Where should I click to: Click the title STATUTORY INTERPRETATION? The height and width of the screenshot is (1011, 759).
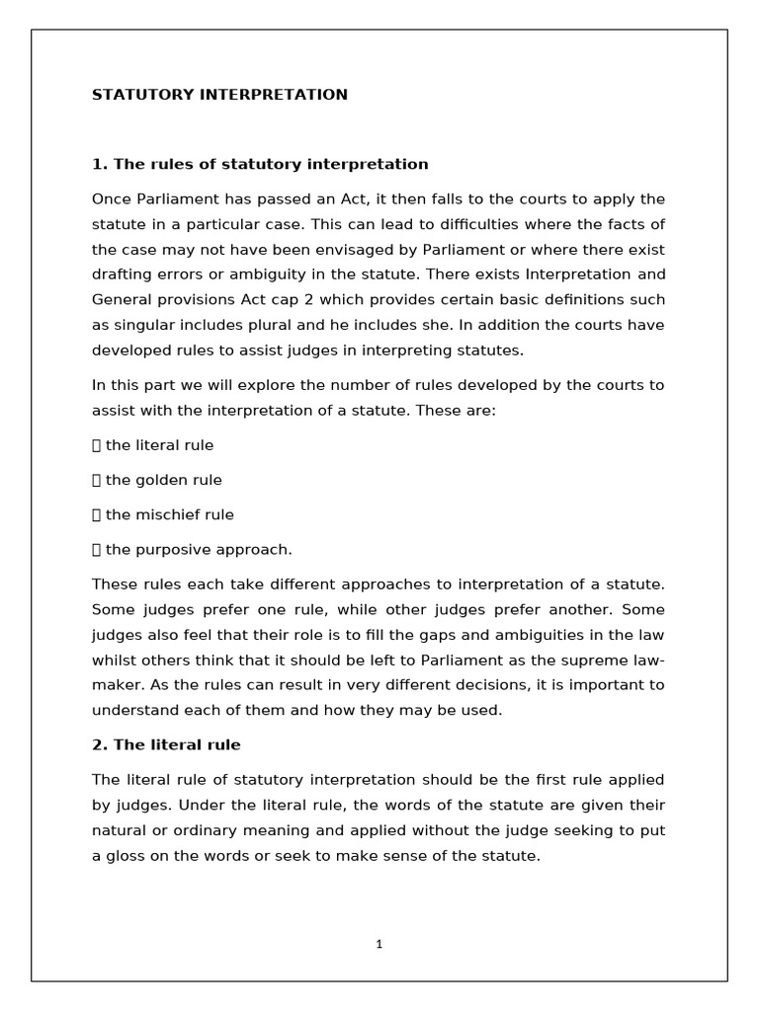coord(219,95)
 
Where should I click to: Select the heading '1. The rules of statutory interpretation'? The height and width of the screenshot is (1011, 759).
coord(260,164)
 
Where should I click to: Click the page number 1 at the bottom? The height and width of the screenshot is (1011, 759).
coord(379,944)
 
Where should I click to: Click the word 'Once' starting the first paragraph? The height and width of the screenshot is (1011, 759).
coord(111,197)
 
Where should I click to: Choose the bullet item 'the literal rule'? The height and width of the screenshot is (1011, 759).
coord(159,445)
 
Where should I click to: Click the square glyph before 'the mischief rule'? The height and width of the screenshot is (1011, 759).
coord(97,514)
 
